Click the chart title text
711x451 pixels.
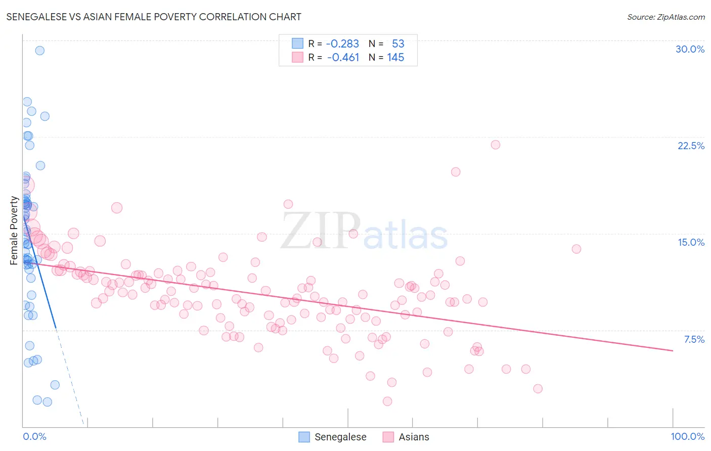tap(154, 17)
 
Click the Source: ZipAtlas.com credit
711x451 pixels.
tap(665, 17)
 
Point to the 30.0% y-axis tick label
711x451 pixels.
tap(690, 49)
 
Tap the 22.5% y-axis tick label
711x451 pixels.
tap(691, 146)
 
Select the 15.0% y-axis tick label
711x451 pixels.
tap(691, 242)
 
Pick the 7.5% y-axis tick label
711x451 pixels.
tap(694, 339)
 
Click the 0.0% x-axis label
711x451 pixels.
tap(34, 436)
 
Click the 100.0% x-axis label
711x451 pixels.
tap(687, 436)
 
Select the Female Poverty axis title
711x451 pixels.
tap(14, 231)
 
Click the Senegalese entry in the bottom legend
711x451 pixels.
tap(340, 437)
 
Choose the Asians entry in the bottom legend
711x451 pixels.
tap(413, 437)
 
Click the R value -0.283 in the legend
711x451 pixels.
tap(342, 44)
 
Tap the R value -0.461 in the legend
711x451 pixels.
tap(343, 58)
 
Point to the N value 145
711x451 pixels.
tap(395, 58)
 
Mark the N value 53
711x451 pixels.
tap(398, 44)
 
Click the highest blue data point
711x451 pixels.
tap(39, 51)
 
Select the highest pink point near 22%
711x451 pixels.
tap(495, 145)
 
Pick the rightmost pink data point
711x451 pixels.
tap(576, 249)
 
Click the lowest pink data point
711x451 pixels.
tap(387, 401)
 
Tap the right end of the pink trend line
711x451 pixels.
tap(673, 350)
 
